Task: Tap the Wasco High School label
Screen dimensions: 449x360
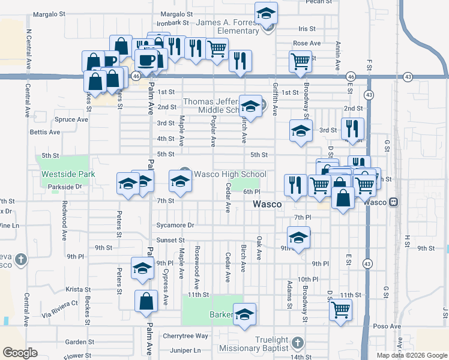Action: tap(230, 174)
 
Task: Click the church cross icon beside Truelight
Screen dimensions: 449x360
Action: tap(296, 343)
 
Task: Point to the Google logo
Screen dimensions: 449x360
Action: tap(20, 353)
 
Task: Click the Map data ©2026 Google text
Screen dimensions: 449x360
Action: tap(412, 355)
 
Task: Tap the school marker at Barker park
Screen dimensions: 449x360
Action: tap(245, 315)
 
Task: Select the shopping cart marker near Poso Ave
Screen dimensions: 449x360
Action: tap(340, 311)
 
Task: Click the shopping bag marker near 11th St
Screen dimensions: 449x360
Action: tap(146, 302)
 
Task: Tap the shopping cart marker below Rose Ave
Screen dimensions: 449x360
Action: tap(300, 61)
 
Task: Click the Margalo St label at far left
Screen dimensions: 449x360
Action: tap(49, 13)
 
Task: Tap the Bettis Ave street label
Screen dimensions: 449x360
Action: tap(45, 132)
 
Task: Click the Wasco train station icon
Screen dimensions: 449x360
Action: tap(394, 202)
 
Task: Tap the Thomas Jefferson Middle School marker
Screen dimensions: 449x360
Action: tap(250, 107)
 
